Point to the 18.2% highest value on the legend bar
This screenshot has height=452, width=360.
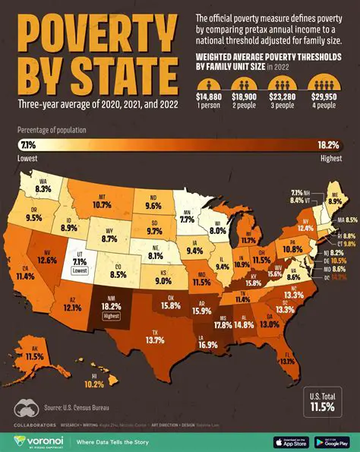coord(332,144)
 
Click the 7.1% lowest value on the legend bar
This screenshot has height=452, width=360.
coord(28,144)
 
